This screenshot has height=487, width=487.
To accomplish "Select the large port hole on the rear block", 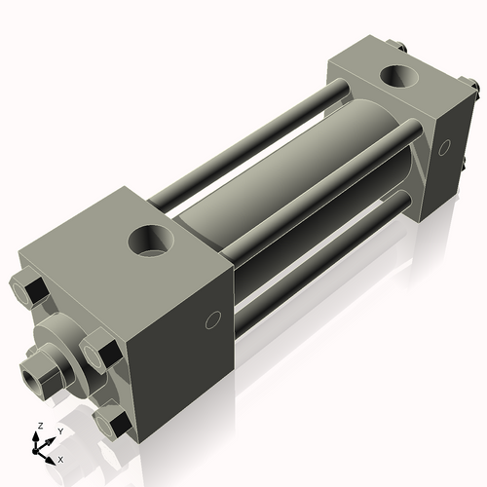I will coord(398,74).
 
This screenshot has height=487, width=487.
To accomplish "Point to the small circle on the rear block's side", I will coord(445,147).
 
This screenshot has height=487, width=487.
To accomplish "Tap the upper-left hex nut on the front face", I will coord(29,289).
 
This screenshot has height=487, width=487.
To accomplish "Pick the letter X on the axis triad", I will coord(60,458).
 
